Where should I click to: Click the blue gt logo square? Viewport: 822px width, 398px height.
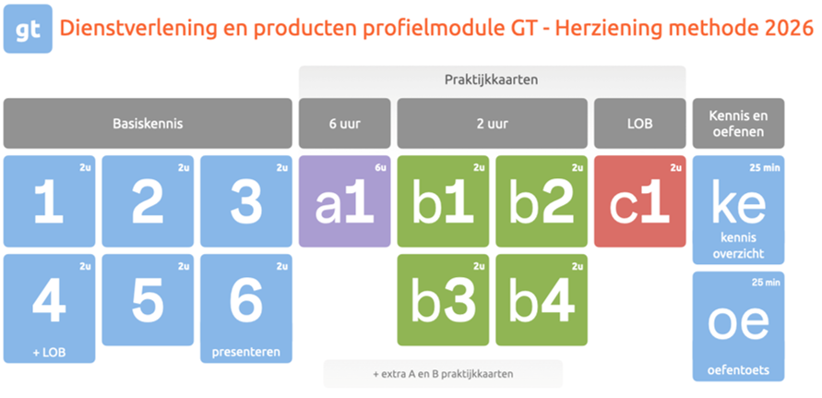28,29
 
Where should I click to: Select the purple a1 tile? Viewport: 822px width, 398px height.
344,201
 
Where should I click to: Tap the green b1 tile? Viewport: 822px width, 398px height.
443,201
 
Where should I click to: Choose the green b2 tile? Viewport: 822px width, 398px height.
542,201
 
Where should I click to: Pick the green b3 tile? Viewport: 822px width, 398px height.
443,300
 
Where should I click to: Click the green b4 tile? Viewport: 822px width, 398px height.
542,300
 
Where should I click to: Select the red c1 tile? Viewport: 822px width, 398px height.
639,201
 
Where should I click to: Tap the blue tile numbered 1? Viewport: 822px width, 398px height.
49,201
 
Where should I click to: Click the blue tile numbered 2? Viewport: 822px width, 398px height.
148,201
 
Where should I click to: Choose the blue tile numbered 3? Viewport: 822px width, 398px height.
246,201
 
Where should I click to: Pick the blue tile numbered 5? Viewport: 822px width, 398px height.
148,300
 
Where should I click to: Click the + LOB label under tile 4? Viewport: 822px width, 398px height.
49,353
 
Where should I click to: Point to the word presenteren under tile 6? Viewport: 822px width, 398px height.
246,353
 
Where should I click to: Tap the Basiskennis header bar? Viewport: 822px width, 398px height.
148,124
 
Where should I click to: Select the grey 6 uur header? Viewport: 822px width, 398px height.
344,124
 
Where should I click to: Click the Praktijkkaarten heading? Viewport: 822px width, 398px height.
492,79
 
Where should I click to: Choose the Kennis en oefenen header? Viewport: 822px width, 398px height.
738,124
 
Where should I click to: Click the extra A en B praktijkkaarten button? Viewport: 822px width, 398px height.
443,374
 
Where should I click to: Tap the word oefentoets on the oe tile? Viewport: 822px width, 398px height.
738,370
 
